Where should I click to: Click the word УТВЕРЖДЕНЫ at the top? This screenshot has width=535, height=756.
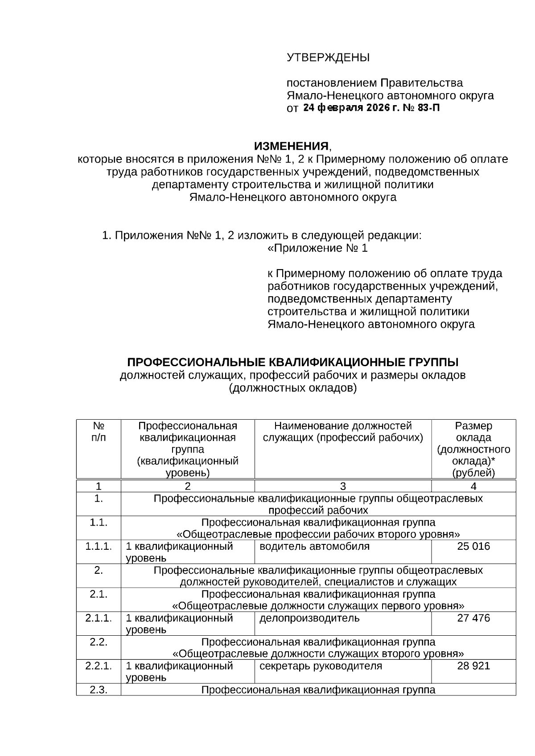[328, 57]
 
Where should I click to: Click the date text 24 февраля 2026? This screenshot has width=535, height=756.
[346, 108]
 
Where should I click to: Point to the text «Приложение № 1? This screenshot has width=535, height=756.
[317, 248]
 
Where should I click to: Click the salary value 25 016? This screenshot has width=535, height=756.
[473, 546]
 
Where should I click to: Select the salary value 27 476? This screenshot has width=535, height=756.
[473, 618]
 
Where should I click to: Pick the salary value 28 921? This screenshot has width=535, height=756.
[473, 666]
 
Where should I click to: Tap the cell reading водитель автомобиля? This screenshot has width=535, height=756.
[314, 546]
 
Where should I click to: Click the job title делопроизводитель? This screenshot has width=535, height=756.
[309, 618]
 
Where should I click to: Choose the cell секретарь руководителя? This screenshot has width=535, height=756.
[321, 666]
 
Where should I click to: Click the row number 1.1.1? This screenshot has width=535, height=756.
[99, 546]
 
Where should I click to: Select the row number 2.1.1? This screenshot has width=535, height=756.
[99, 618]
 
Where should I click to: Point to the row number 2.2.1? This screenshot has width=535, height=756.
[99, 666]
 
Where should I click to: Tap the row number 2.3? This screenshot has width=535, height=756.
[99, 690]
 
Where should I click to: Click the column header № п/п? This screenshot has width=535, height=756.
[99, 432]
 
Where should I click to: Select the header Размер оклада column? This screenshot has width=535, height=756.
[473, 432]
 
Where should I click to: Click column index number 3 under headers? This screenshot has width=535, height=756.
[342, 486]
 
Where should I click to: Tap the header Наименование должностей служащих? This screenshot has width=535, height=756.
[342, 432]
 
